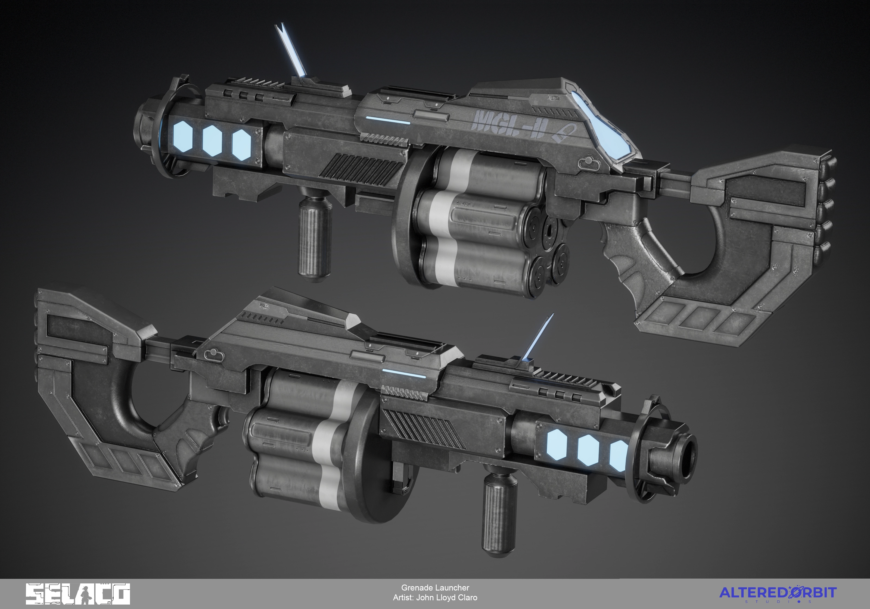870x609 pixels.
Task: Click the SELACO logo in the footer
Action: tap(78, 594)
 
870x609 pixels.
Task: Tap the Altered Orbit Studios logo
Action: tap(778, 594)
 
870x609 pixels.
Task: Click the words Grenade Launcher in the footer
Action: tap(435, 588)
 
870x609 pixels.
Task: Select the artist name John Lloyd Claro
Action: tap(447, 598)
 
